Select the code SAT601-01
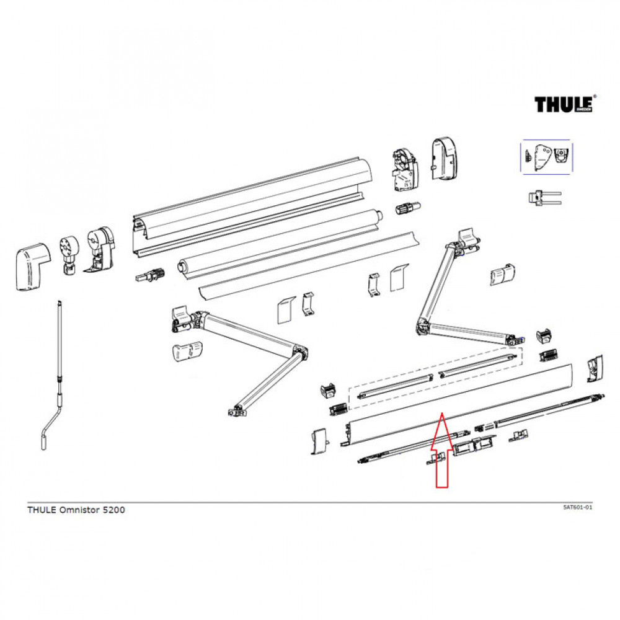tap(577, 507)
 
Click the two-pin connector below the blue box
tap(543, 198)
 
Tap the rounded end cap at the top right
tap(445, 159)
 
